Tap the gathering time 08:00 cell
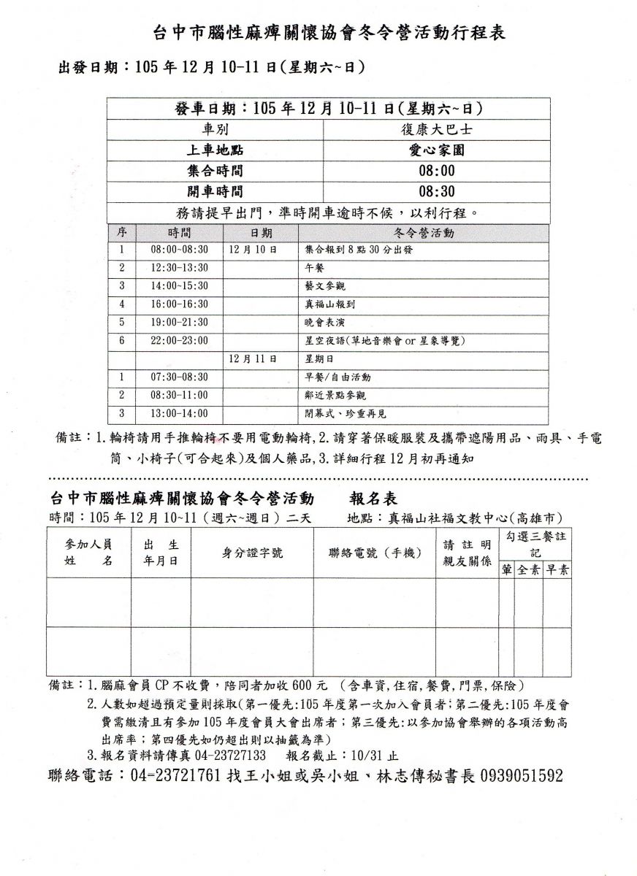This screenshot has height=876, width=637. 437,171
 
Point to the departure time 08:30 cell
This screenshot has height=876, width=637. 437,192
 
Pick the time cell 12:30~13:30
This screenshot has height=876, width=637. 180,267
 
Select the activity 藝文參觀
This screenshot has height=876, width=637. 325,285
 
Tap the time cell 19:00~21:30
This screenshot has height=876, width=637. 180,322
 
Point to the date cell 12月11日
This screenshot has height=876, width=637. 252,358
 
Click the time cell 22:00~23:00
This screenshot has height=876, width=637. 180,340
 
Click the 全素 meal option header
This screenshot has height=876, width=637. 529,570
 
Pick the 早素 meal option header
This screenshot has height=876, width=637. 557,570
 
